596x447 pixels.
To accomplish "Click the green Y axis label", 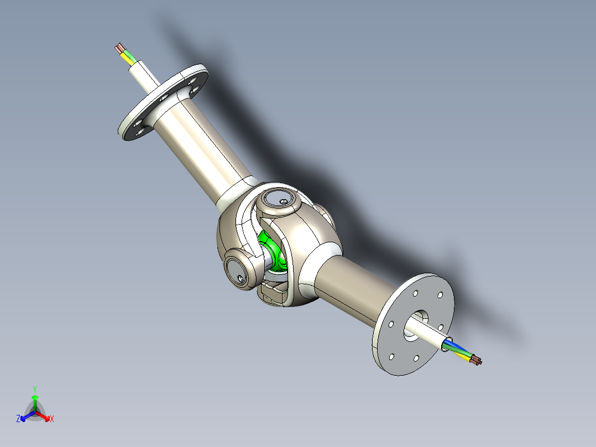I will pos(34,388).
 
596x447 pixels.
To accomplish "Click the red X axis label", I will pos(52,419).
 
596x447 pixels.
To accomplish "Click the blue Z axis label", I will pos(18,419).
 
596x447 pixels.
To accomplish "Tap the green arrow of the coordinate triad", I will pos(35,399).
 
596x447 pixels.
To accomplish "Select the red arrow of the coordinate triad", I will pos(45,417).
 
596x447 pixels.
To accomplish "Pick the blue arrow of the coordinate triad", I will pos(25,417).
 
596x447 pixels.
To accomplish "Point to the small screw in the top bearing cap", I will pos(284,201).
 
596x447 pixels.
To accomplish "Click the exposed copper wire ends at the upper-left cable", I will pos(118,48).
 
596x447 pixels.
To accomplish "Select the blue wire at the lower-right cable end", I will pos(453,346).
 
